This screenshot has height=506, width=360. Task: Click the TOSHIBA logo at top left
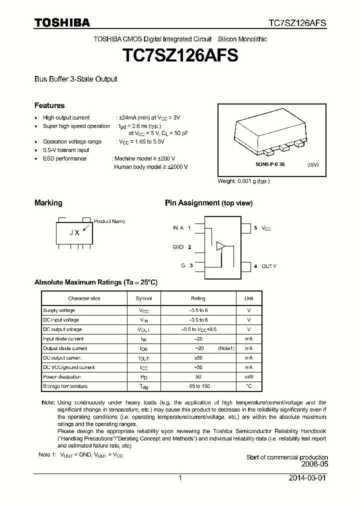click(62, 22)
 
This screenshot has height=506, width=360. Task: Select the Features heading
click(49, 105)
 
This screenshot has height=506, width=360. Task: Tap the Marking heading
click(48, 203)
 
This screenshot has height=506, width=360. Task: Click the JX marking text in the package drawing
click(74, 232)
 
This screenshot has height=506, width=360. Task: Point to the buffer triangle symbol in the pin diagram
click(220, 246)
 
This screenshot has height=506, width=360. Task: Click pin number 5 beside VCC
click(255, 228)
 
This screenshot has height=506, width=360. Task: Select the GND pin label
click(178, 247)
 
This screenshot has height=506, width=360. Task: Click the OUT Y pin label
click(269, 266)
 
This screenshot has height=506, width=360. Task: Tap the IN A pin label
click(178, 228)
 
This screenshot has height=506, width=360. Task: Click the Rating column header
click(198, 298)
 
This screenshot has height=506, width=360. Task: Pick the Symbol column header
click(143, 298)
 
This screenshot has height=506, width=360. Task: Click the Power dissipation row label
click(62, 376)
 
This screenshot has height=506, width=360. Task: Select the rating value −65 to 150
click(198, 386)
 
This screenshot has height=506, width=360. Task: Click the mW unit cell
click(248, 376)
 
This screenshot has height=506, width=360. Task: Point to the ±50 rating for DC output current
click(198, 358)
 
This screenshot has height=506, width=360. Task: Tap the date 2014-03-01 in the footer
click(307, 478)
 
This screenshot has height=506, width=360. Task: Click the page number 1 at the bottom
click(180, 478)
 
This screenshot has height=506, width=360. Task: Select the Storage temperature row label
click(65, 386)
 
